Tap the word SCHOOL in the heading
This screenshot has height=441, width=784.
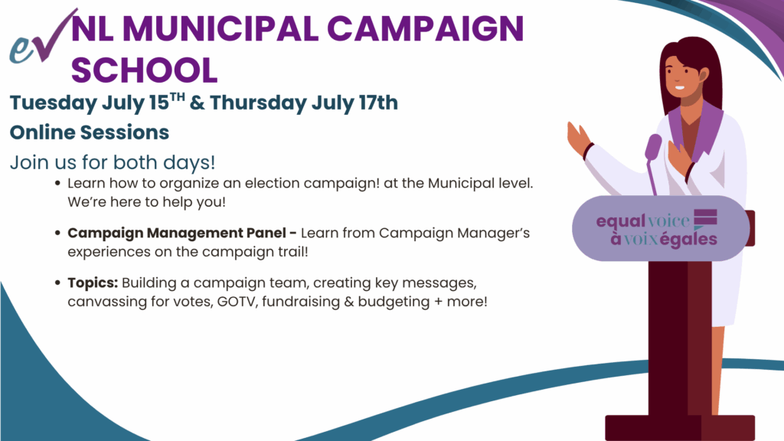tap(145, 70)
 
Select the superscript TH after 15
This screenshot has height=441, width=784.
tap(178, 96)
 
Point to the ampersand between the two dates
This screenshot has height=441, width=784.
tap(197, 103)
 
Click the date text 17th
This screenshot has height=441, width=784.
tap(378, 103)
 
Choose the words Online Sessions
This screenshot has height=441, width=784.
tap(90, 132)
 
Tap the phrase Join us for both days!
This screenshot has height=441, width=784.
tap(113, 162)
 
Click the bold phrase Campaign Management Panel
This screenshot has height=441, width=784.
tap(178, 233)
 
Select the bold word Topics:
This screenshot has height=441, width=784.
tap(93, 283)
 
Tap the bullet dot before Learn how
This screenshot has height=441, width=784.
tap(57, 184)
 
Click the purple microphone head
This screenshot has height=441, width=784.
tap(653, 147)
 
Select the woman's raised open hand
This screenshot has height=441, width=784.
tap(579, 136)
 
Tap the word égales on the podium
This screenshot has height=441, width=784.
tap(688, 239)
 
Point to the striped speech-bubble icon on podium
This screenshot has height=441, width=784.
tap(705, 219)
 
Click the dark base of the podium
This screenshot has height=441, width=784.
tap(680, 427)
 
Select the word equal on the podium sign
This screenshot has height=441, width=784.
tap(620, 221)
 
